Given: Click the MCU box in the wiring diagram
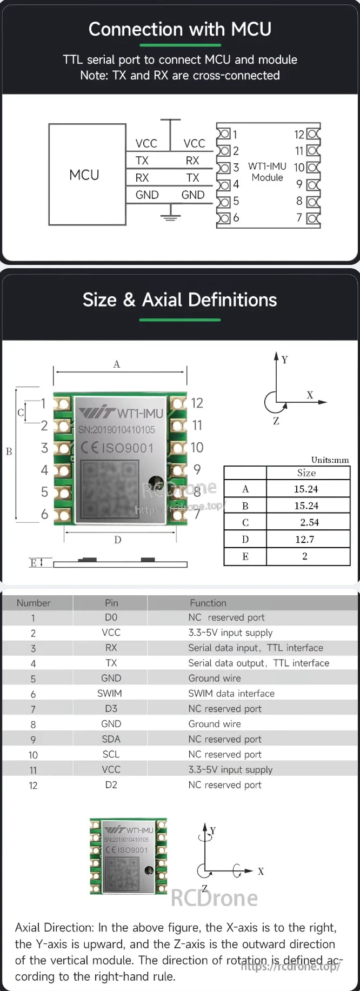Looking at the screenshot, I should click(x=86, y=174).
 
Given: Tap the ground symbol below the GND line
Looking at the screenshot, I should click(x=170, y=217).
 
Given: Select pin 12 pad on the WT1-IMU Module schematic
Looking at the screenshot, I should click(x=313, y=134).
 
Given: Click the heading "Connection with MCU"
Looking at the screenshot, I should click(x=180, y=29).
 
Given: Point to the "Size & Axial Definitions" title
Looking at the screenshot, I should click(x=179, y=300).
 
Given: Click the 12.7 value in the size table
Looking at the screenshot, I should click(x=304, y=540).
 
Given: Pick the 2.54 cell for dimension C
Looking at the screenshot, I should click(x=309, y=523).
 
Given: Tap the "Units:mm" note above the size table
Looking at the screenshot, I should click(x=330, y=460).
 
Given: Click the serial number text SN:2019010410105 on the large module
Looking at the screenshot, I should click(x=117, y=430).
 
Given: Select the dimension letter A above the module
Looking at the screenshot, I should click(x=117, y=364).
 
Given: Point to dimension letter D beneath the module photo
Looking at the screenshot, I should click(x=118, y=540).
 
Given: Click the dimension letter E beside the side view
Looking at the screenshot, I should click(x=34, y=563).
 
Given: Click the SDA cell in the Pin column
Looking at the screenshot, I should click(x=111, y=739).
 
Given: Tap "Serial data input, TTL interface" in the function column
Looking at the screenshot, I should click(x=255, y=648).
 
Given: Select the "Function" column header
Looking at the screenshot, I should click(x=208, y=603).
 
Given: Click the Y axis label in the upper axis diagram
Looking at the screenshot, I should click(x=285, y=360).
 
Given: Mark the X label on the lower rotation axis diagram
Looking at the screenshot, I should click(x=261, y=872).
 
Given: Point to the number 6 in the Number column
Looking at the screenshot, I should click(x=33, y=694).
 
